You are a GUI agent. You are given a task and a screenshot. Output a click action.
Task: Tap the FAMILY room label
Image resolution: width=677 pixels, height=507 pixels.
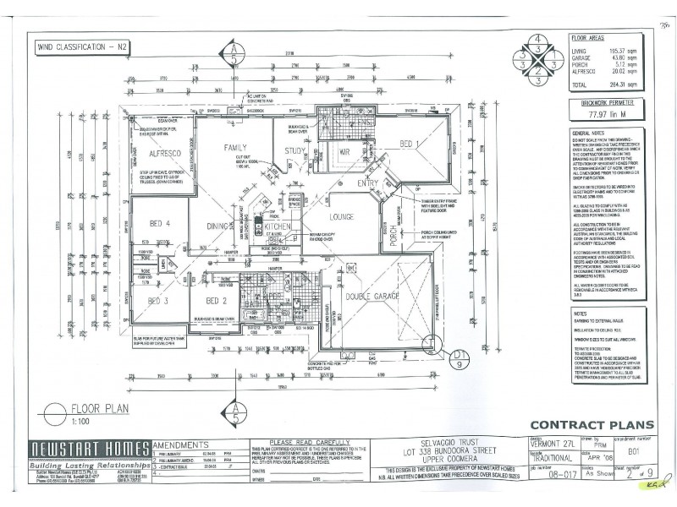click(234, 148)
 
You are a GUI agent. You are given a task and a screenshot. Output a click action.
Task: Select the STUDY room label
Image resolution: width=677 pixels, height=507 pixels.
click(294, 152)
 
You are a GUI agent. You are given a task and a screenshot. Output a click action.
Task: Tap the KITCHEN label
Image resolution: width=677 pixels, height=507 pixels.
click(278, 228)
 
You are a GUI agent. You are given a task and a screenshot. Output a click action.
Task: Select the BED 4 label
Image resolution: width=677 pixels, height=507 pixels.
click(160, 224)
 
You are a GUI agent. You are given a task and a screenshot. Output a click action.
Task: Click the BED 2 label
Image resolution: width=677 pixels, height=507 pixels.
click(217, 301)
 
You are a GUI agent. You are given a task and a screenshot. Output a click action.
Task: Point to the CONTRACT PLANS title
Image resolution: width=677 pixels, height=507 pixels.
click(581, 425)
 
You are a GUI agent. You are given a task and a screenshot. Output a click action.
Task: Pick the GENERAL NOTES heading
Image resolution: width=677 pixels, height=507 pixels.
click(589, 134)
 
